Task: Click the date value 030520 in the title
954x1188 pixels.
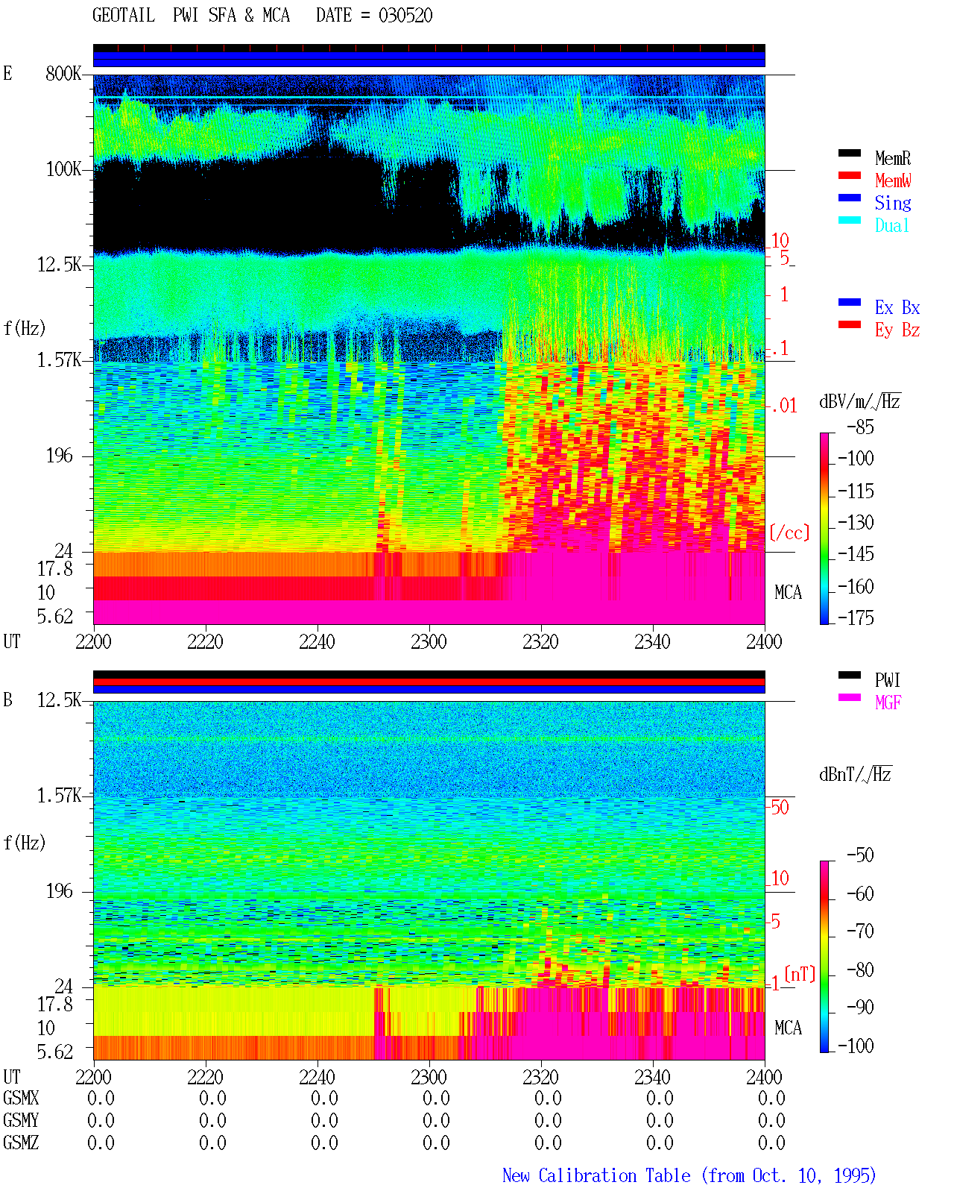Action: tap(405, 16)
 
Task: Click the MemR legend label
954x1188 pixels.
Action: tap(892, 158)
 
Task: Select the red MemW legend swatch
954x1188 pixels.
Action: tap(849, 175)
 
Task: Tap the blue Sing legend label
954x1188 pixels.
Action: tap(892, 203)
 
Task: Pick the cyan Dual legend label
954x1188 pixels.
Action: tap(891, 225)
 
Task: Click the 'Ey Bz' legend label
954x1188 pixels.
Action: tap(897, 330)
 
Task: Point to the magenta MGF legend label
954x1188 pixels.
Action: tap(888, 703)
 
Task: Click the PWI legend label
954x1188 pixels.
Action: tap(887, 679)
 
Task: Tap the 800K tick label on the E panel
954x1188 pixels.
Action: tap(63, 73)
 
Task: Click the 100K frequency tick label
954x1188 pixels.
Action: tap(63, 169)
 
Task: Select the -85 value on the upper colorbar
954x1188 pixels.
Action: tap(860, 427)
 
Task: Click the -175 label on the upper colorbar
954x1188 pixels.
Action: tap(856, 617)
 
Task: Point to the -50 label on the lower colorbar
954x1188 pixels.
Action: tap(860, 855)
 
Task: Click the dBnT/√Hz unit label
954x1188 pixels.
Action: tap(855, 774)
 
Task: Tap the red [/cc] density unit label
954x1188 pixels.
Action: tap(789, 532)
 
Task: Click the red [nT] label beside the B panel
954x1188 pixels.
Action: tap(800, 974)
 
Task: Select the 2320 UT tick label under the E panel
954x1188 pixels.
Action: tap(541, 642)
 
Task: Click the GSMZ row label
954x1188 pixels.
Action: tap(21, 1143)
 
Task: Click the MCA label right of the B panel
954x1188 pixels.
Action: tap(788, 1028)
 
